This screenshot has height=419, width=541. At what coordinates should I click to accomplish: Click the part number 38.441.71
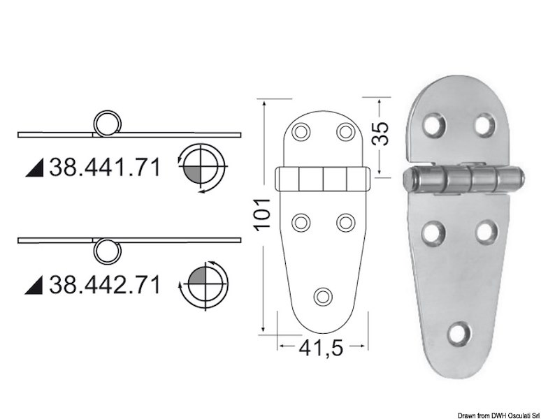[x=104, y=167]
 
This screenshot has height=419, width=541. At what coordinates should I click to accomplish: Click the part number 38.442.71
[x=104, y=284]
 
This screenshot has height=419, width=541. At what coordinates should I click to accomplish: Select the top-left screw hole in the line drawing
[x=301, y=131]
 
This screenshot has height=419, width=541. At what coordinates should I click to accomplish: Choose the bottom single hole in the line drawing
[x=323, y=296]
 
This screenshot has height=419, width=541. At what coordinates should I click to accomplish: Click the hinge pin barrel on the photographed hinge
[x=461, y=182]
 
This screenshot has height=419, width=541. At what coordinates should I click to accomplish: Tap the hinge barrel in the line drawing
[x=322, y=180]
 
